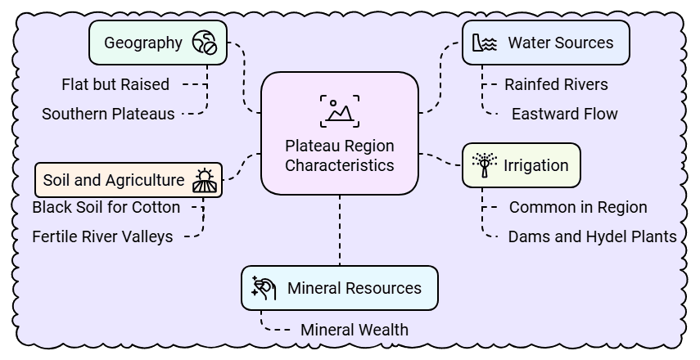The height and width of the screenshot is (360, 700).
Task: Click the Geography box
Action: point(157,43)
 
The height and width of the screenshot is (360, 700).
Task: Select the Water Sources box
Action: point(546,43)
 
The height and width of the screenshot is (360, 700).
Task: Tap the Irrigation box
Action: point(522,165)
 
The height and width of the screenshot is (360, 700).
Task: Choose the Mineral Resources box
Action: point(339,288)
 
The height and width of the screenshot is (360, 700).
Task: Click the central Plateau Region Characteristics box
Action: point(339,134)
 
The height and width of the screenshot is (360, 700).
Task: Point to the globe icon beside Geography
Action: point(204,43)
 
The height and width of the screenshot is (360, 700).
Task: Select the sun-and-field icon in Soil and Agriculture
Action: point(204,180)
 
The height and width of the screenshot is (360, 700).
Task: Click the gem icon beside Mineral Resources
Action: point(264,287)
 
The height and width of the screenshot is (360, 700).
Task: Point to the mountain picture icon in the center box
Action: point(339,109)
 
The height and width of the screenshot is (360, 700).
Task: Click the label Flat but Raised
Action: point(115,84)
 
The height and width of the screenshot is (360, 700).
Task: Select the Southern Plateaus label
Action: point(108,114)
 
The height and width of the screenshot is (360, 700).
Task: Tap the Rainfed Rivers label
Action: point(556,84)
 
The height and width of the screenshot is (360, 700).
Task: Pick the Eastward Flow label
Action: point(564,114)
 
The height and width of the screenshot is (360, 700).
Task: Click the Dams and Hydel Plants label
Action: point(592,236)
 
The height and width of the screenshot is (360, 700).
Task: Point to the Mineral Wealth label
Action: point(354,331)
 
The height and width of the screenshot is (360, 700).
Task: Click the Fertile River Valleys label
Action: point(102,236)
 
